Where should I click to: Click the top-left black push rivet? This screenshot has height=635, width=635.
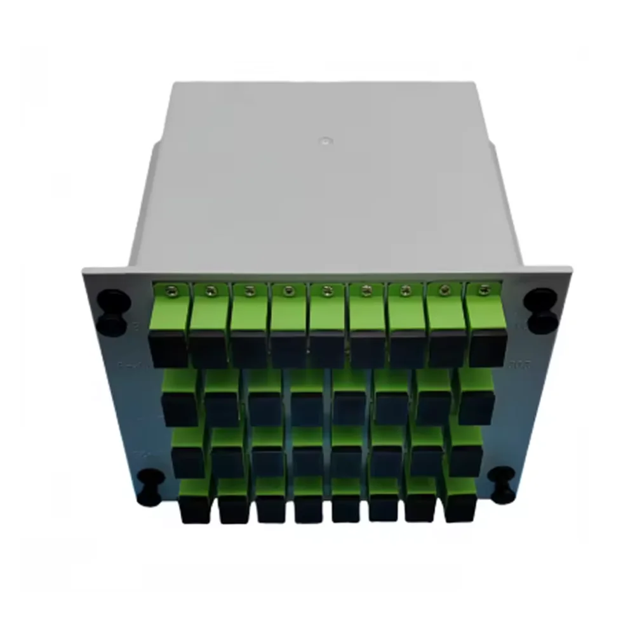point(114,311)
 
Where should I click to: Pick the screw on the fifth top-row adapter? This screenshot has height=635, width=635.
point(327,291)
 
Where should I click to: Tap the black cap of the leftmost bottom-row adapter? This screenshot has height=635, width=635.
point(194,509)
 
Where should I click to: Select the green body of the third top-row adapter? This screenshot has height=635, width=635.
point(248,314)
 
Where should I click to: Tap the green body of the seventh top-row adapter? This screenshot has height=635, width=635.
point(406,314)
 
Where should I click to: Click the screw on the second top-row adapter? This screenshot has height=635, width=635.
point(208,291)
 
